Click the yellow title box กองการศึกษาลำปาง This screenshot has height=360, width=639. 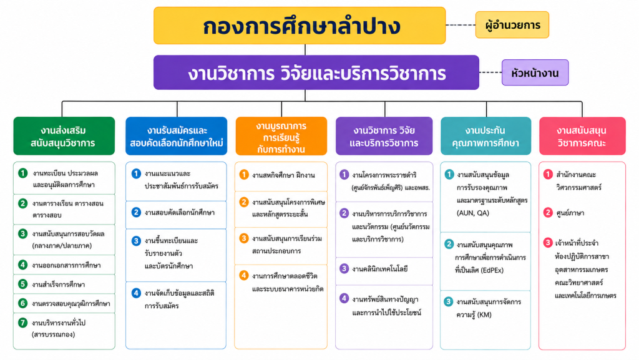(300, 25)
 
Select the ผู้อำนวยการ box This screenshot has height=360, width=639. (512, 25)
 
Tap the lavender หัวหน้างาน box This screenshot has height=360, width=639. (535, 72)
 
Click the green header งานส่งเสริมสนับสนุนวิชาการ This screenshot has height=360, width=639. (64, 136)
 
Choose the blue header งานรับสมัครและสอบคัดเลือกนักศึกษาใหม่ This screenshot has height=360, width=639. (177, 136)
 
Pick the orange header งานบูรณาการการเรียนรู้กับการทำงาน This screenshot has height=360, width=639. (281, 136)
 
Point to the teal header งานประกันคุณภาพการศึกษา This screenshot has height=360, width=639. (485, 136)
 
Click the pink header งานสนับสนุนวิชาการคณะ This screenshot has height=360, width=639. (582, 136)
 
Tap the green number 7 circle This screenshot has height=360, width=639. (23, 323)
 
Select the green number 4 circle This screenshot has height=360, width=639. (23, 265)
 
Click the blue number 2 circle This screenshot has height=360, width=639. (136, 212)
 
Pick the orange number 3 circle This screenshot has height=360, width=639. (244, 238)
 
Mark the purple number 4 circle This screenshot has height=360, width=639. (344, 298)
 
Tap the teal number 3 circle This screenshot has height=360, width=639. (448, 302)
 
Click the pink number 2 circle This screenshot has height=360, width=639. (548, 213)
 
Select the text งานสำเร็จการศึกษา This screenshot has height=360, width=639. (59, 285)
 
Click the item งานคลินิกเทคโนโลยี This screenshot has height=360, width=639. (380, 269)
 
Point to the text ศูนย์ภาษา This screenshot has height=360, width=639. (570, 213)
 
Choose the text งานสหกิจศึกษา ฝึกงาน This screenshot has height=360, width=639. (283, 175)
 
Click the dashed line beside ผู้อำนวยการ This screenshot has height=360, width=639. (461, 25)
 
